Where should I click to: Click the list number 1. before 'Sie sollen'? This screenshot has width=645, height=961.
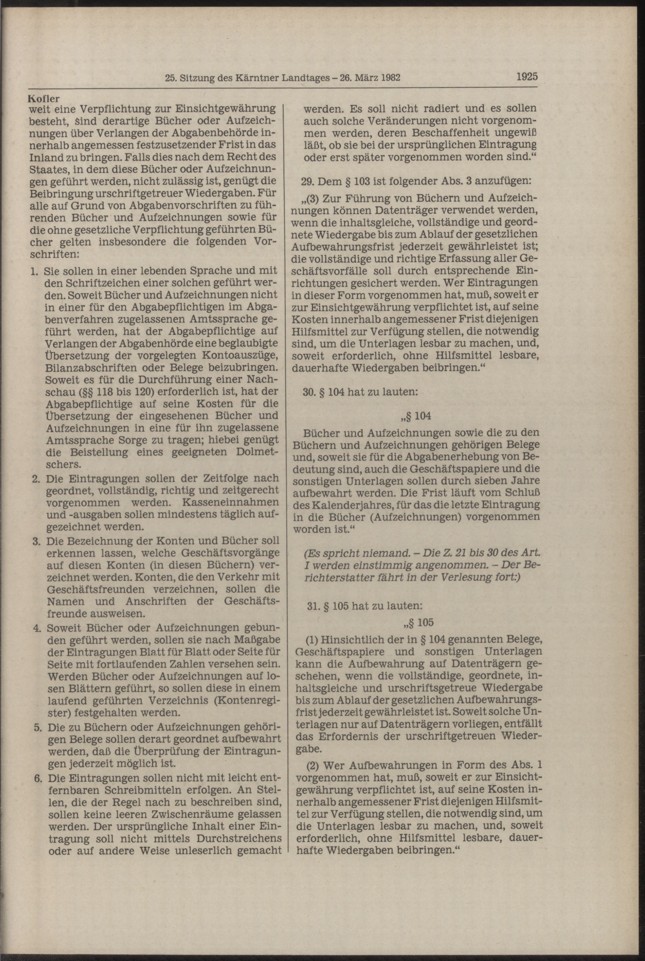coord(35,271)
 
